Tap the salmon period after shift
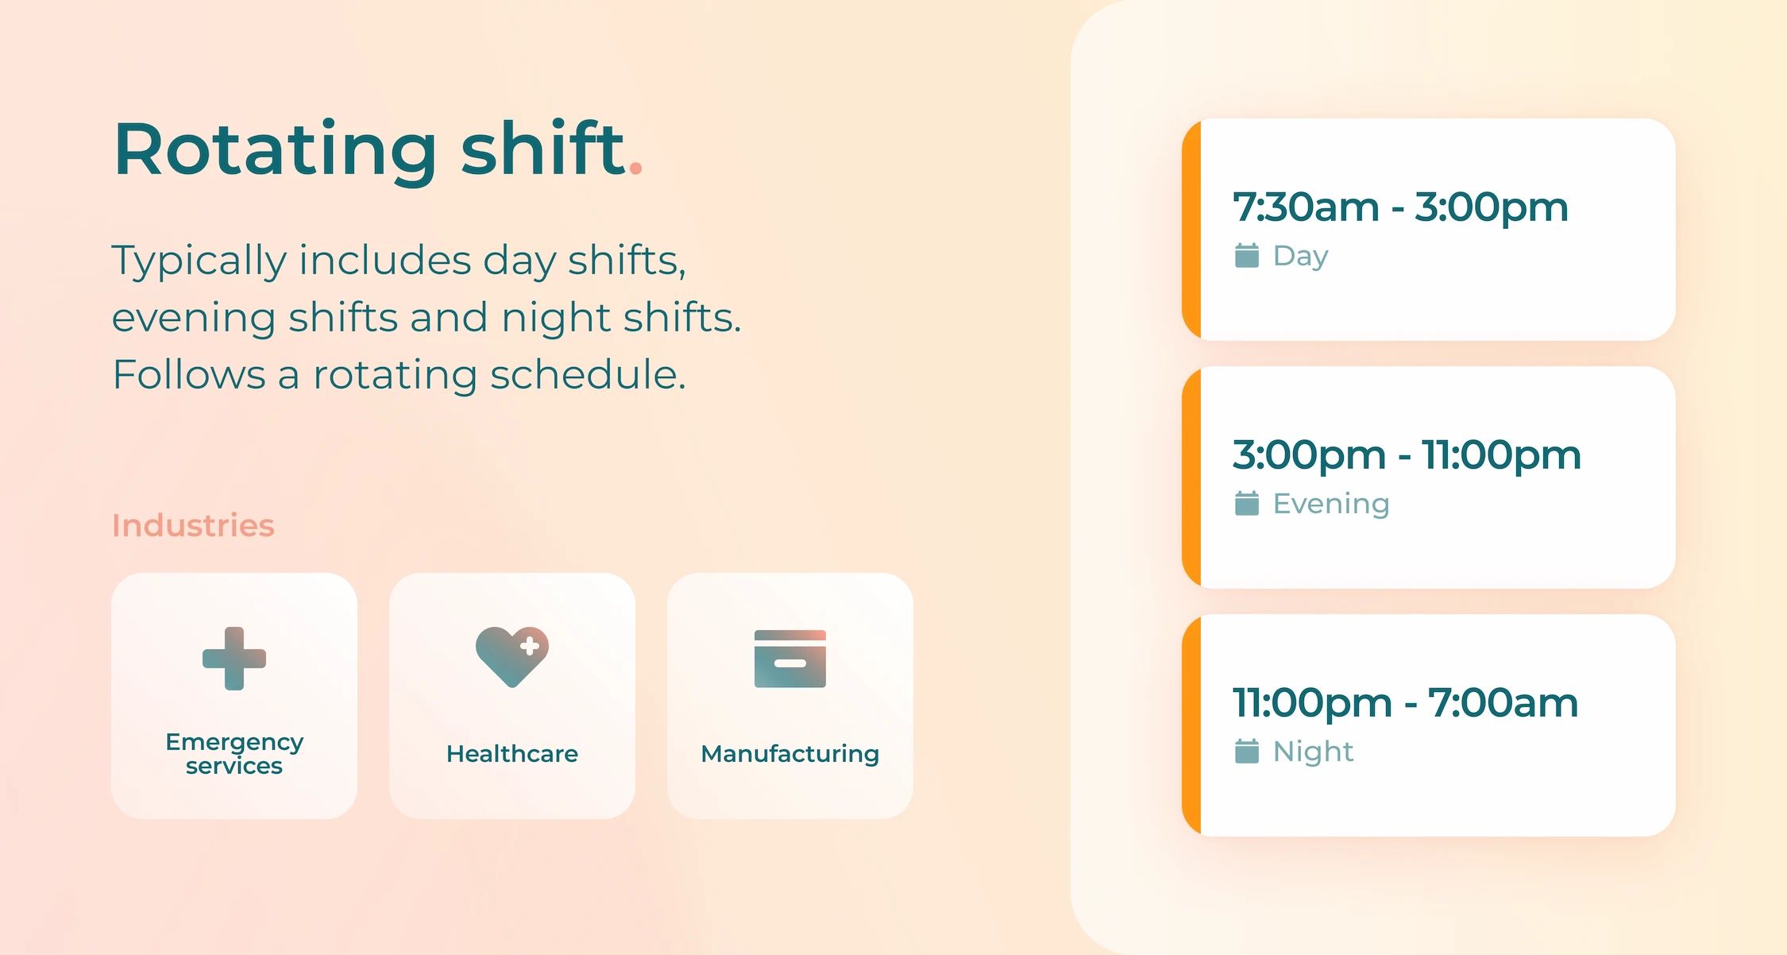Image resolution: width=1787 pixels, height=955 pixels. pyautogui.click(x=635, y=168)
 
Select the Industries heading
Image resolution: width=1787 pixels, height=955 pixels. pyautogui.click(x=193, y=525)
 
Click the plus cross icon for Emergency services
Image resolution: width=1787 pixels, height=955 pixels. pyautogui.click(x=234, y=659)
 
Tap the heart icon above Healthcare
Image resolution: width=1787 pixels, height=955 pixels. pyautogui.click(x=512, y=656)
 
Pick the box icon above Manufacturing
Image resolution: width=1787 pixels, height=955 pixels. pyautogui.click(x=790, y=659)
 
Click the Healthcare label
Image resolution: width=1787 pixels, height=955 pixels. pyautogui.click(x=512, y=753)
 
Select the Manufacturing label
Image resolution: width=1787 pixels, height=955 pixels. pyautogui.click(x=790, y=753)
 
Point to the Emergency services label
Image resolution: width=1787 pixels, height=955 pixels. pyautogui.click(x=234, y=753)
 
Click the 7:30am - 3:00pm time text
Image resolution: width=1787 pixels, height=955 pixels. pyautogui.click(x=1400, y=207)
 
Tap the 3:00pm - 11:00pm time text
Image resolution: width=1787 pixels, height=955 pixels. pyautogui.click(x=1407, y=455)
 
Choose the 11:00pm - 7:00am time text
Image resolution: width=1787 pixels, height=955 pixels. pyautogui.click(x=1405, y=703)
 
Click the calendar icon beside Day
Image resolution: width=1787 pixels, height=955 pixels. pyautogui.click(x=1247, y=256)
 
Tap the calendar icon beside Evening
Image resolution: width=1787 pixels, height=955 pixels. pyautogui.click(x=1247, y=504)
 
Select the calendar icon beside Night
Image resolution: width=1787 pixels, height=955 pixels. pyautogui.click(x=1247, y=752)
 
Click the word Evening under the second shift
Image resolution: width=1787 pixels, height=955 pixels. pyautogui.click(x=1331, y=504)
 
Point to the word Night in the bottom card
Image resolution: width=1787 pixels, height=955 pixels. pyautogui.click(x=1313, y=752)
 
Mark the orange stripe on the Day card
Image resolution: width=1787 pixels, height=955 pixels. pyautogui.click(x=1191, y=230)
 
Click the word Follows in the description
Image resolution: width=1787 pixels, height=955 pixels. pyautogui.click(x=189, y=374)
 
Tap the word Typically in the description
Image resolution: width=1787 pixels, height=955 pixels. pyautogui.click(x=199, y=261)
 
